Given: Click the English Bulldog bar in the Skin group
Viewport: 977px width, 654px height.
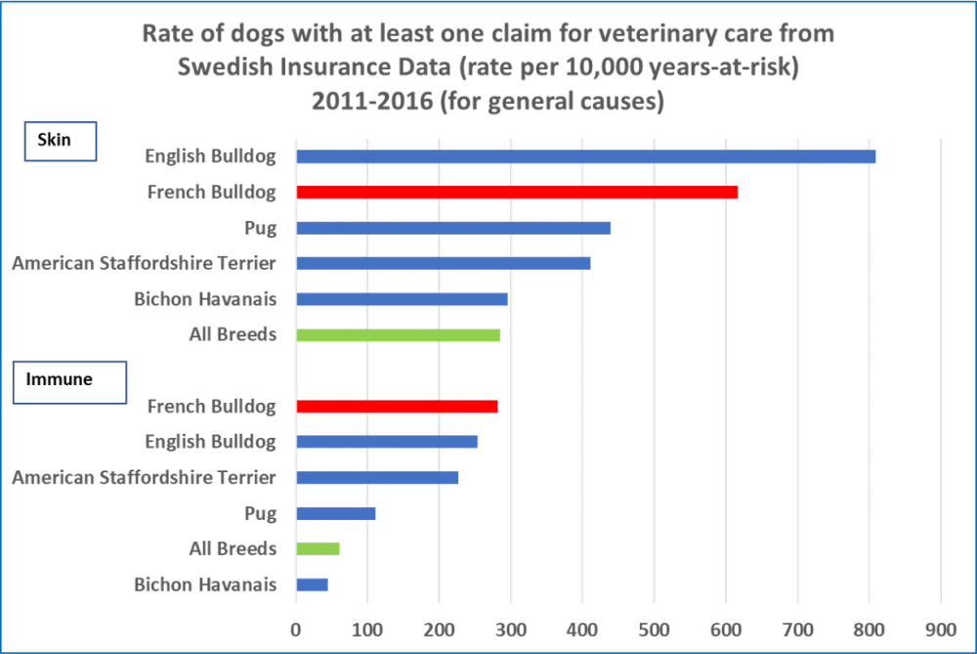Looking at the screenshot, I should tap(586, 156).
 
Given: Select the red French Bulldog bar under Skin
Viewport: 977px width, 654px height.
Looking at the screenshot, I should tap(517, 193).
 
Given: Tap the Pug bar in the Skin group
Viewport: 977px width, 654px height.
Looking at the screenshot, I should tap(453, 228).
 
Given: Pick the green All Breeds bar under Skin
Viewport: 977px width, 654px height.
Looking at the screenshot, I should tap(399, 335).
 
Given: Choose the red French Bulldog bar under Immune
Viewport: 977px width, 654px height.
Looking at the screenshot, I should tap(397, 407).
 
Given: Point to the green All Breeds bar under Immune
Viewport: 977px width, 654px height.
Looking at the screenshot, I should tap(319, 548).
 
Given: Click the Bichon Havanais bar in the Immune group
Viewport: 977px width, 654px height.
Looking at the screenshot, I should tap(313, 585).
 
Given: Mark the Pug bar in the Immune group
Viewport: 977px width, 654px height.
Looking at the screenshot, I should tap(336, 513).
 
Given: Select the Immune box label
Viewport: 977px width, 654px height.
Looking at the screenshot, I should tap(68, 381).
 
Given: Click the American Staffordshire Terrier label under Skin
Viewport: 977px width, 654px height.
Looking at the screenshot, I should tap(144, 264).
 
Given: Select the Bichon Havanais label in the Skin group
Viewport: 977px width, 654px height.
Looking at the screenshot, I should tap(205, 299).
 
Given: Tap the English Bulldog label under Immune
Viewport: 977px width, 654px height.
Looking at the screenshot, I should tap(210, 442).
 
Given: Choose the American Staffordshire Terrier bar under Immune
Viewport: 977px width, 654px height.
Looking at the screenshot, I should tap(377, 478).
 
